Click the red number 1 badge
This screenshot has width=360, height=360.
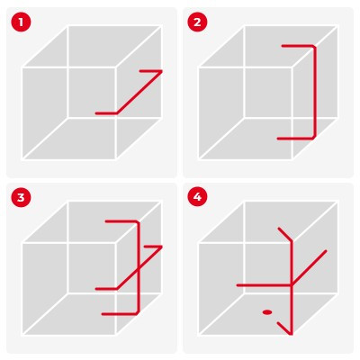(x=21, y=22)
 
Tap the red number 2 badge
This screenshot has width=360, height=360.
(x=197, y=22)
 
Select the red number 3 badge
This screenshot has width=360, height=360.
(x=21, y=197)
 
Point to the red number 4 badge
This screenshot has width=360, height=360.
(x=197, y=197)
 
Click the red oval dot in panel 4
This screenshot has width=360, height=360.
(x=267, y=312)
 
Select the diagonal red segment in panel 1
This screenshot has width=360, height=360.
(x=139, y=92)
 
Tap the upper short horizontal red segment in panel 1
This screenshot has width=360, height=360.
(x=151, y=71)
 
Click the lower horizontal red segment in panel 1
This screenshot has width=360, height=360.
(x=106, y=113)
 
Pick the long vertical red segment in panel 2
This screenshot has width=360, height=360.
(x=315, y=92)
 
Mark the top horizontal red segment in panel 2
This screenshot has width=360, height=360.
(x=298, y=46)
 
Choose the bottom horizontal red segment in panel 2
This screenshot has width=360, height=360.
(x=296, y=139)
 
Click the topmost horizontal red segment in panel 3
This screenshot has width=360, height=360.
(x=121, y=221)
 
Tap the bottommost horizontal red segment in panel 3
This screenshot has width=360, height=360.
(x=120, y=314)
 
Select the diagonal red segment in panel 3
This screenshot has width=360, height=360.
(x=139, y=267)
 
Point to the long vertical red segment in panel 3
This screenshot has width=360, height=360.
(x=139, y=267)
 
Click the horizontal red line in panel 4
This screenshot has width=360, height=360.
(x=264, y=285)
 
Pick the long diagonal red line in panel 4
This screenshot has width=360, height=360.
(x=309, y=267)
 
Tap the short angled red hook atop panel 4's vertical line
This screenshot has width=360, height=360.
(x=285, y=235)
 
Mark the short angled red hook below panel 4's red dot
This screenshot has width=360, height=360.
(x=284, y=328)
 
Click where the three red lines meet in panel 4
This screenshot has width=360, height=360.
(x=292, y=285)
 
